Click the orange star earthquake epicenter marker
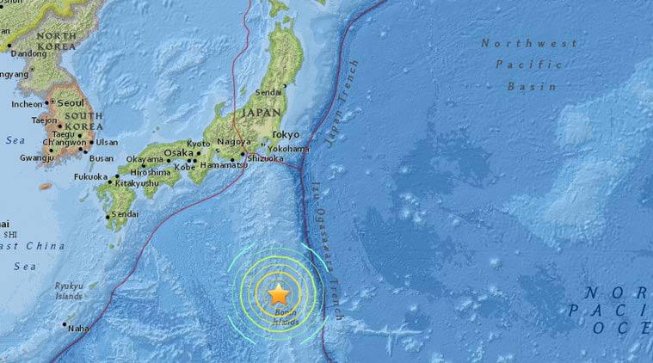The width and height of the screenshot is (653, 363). click(x=278, y=295)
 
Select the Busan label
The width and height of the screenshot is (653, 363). click(x=102, y=158)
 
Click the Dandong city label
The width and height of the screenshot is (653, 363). click(x=27, y=53)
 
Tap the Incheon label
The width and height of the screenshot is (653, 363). click(x=26, y=104)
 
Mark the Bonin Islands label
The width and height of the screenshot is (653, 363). click(x=286, y=317)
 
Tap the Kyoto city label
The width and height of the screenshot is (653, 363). click(x=199, y=143)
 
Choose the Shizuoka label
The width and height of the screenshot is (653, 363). click(x=265, y=157)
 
